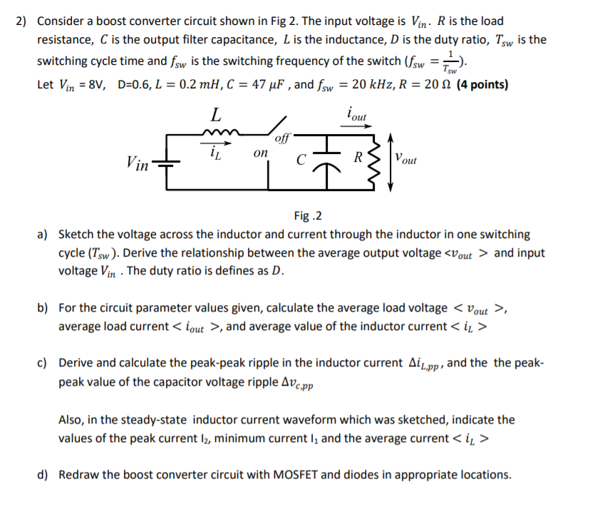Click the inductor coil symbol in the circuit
pyautogui.click(x=216, y=133)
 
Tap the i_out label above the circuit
pyautogui.click(x=356, y=112)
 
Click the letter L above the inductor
pyautogui.click(x=216, y=113)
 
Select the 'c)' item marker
pyautogui.click(x=43, y=362)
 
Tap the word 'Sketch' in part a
pyautogui.click(x=76, y=234)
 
